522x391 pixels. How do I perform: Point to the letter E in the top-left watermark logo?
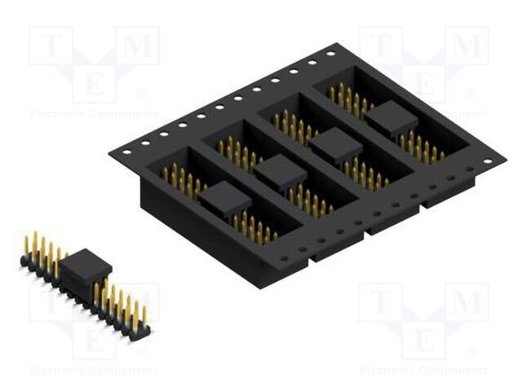tap(94, 83)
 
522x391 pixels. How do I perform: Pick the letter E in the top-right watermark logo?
tap(423, 83)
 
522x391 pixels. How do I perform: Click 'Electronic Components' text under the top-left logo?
tap(94, 114)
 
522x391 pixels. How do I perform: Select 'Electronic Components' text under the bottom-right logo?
tap(423, 371)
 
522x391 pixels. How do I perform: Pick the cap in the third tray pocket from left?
tap(335, 144)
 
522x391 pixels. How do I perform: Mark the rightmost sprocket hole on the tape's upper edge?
tap(330, 54)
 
